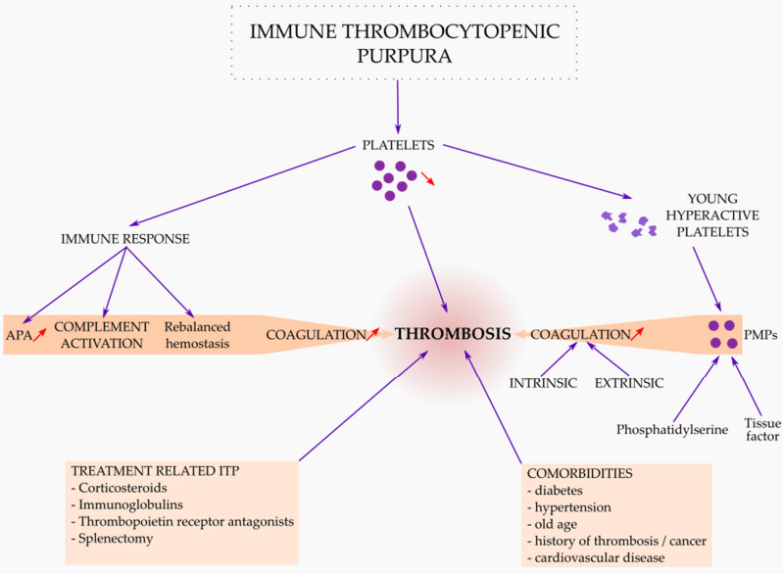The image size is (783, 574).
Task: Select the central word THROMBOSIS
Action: (452, 334)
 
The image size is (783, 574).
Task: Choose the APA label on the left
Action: (18, 334)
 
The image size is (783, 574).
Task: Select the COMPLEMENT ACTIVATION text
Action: (101, 334)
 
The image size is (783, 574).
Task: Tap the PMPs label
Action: (760, 334)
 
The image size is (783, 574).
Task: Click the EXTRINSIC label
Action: (628, 382)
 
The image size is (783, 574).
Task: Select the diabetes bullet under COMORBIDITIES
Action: (559, 490)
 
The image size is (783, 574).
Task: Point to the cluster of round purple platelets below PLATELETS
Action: (390, 179)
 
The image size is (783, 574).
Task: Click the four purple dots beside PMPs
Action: (723, 334)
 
